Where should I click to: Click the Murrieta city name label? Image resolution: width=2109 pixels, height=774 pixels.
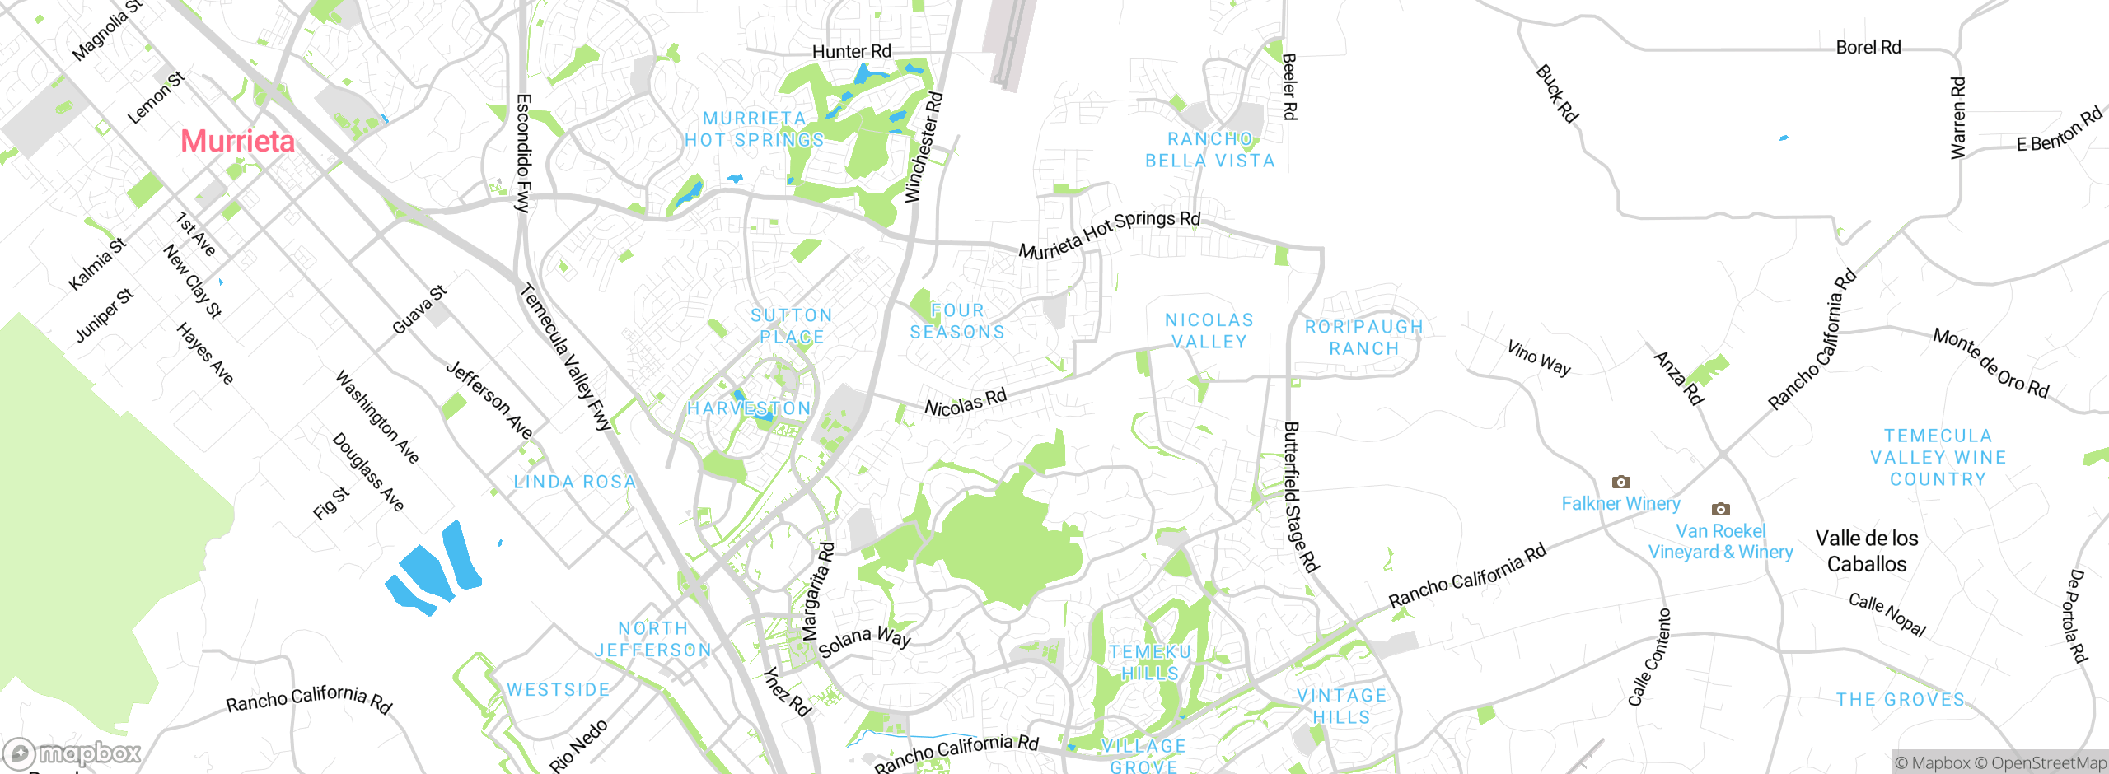pos(237,141)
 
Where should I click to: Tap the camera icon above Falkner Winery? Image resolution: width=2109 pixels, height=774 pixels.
pos(1620,482)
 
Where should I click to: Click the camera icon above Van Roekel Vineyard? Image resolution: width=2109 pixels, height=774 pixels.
pos(1720,509)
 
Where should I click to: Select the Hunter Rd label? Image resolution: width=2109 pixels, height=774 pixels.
pos(851,52)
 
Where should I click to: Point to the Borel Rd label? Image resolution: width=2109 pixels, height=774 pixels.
pos(1868,48)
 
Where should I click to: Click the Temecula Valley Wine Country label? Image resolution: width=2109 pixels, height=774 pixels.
pos(1938,457)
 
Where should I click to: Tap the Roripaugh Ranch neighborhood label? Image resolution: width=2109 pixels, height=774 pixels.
pos(1363,338)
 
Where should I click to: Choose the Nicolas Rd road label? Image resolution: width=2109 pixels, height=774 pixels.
pos(965,403)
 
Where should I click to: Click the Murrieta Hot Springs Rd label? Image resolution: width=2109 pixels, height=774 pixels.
pos(1109,234)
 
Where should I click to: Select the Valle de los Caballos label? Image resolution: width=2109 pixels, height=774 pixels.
pos(1866,551)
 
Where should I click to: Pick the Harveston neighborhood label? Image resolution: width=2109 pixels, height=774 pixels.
pos(749,408)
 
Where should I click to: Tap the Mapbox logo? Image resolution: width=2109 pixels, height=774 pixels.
pos(72,753)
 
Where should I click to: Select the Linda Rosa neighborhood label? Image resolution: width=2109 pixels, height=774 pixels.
pos(574,482)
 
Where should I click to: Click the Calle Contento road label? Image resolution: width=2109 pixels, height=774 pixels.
pos(1649,657)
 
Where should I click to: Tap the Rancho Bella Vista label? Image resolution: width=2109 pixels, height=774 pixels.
pos(1209,150)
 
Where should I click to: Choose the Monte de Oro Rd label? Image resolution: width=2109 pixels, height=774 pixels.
pos(1990,363)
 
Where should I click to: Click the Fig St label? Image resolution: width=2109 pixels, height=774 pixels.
pos(330,503)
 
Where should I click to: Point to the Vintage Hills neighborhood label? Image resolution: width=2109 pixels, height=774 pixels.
pos(1341,706)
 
